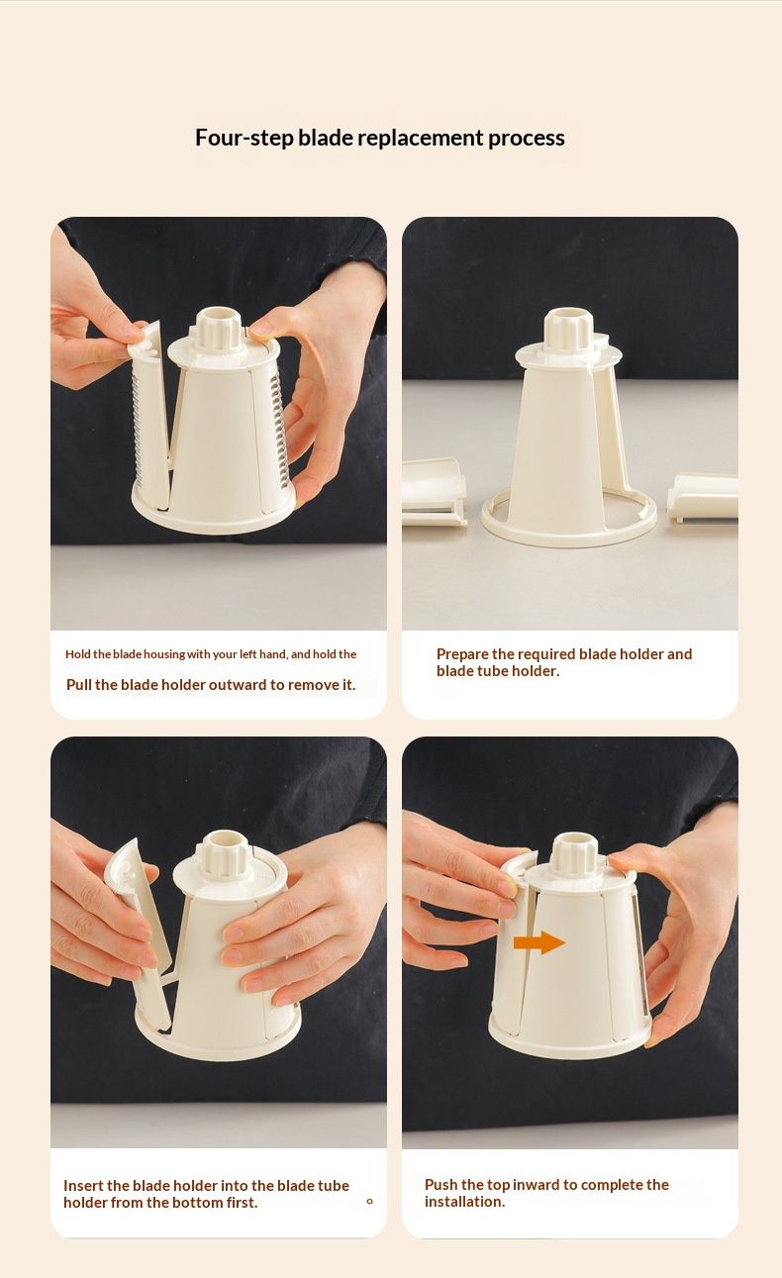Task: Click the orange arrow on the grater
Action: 539,942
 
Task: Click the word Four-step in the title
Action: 244,138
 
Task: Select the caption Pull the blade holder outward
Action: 211,685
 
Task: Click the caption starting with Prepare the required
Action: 564,662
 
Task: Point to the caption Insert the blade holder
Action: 206,1194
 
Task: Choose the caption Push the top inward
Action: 546,1193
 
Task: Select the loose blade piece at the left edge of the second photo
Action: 434,491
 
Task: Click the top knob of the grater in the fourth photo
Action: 574,854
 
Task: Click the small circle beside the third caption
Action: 369,1202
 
